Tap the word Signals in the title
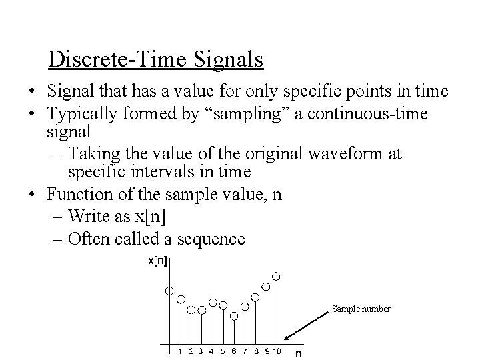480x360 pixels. (x=229, y=59)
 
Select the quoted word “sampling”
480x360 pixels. (x=249, y=113)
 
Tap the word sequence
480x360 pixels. (x=213, y=238)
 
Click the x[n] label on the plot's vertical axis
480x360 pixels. (x=157, y=260)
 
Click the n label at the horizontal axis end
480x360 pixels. (x=299, y=353)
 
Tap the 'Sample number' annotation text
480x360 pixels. (x=361, y=309)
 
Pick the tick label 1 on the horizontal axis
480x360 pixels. (x=180, y=350)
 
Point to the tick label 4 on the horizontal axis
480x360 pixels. (x=212, y=350)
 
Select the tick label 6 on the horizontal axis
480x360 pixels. (x=233, y=350)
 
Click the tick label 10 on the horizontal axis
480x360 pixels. (x=276, y=350)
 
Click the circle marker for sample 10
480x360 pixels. (x=276, y=276)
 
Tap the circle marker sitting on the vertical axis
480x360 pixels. (x=169, y=291)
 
